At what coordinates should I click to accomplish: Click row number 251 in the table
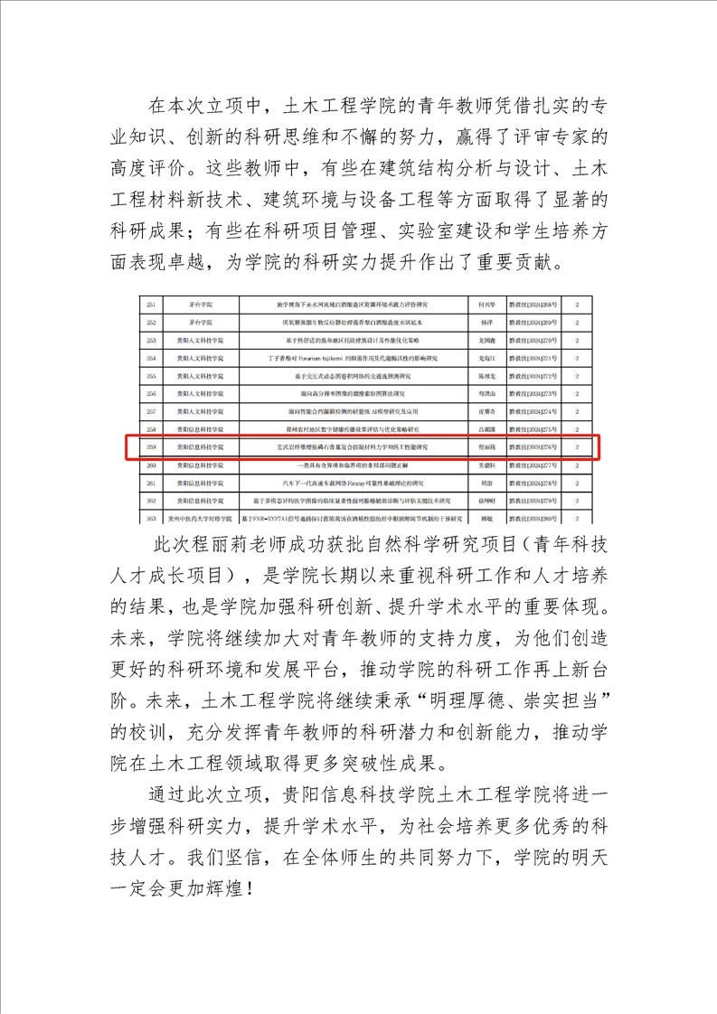pyautogui.click(x=151, y=305)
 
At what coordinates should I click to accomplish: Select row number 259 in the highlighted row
pyautogui.click(x=151, y=447)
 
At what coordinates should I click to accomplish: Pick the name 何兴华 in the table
pyautogui.click(x=486, y=305)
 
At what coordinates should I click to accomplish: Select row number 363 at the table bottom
pyautogui.click(x=151, y=519)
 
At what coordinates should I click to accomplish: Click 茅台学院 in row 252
pyautogui.click(x=193, y=323)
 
